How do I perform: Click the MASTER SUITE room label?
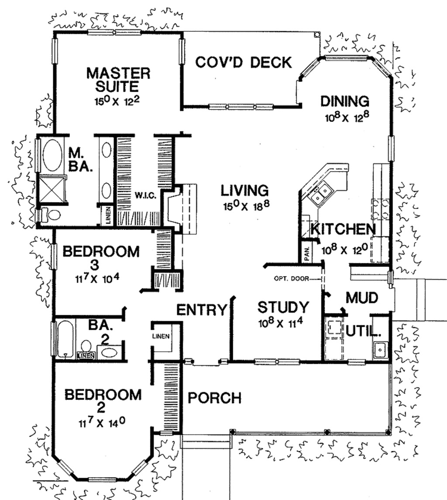point(118,79)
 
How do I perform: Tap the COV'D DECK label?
point(243,62)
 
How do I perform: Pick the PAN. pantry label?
point(307,253)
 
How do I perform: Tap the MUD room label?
point(361,298)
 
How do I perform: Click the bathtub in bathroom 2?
point(65,339)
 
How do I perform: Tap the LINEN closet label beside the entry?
point(161,336)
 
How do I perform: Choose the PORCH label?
point(214,398)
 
